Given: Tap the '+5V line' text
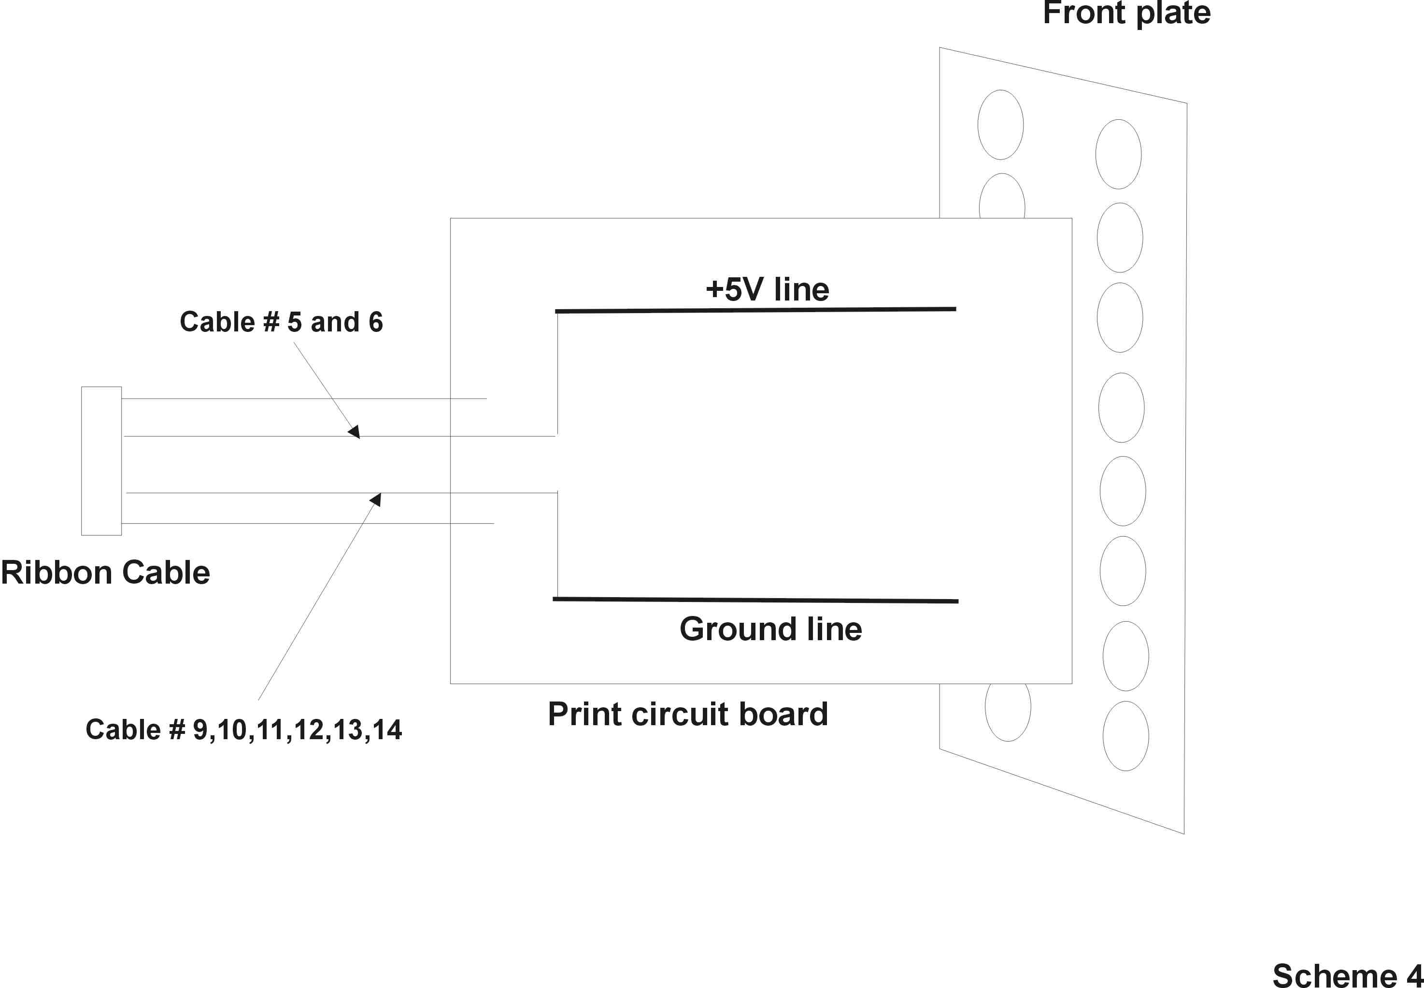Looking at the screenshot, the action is point(768,289).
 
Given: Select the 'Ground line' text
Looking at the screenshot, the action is point(770,629).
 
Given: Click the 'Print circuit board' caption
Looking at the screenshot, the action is point(687,715).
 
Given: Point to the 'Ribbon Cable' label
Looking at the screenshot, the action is point(105,572).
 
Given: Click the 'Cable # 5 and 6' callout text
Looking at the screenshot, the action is point(282,322).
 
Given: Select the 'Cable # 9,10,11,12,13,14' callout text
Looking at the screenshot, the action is point(244,730).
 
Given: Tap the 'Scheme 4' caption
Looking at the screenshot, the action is point(1348,975).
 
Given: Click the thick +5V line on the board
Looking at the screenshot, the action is point(755,310).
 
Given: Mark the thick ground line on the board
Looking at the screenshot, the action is point(755,600).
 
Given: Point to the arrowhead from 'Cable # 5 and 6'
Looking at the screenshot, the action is point(355,431).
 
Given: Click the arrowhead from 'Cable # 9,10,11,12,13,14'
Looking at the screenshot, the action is point(376,499).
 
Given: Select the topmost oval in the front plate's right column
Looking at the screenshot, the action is point(1118,154).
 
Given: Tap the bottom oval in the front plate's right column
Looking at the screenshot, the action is point(1125,736).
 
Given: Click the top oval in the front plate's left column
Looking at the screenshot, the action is point(1001,125).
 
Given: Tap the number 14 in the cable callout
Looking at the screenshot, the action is point(387,730).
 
